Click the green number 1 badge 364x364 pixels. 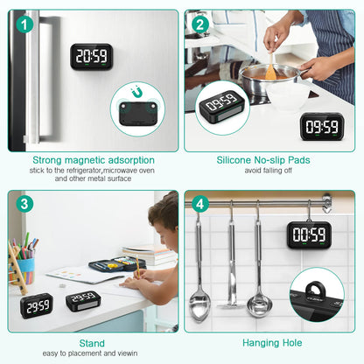24,24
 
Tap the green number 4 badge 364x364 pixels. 200,205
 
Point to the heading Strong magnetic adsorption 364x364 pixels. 94,160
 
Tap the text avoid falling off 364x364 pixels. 269,170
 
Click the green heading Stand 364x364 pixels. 91,344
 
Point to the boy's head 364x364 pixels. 165,213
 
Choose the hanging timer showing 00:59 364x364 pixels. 308,234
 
